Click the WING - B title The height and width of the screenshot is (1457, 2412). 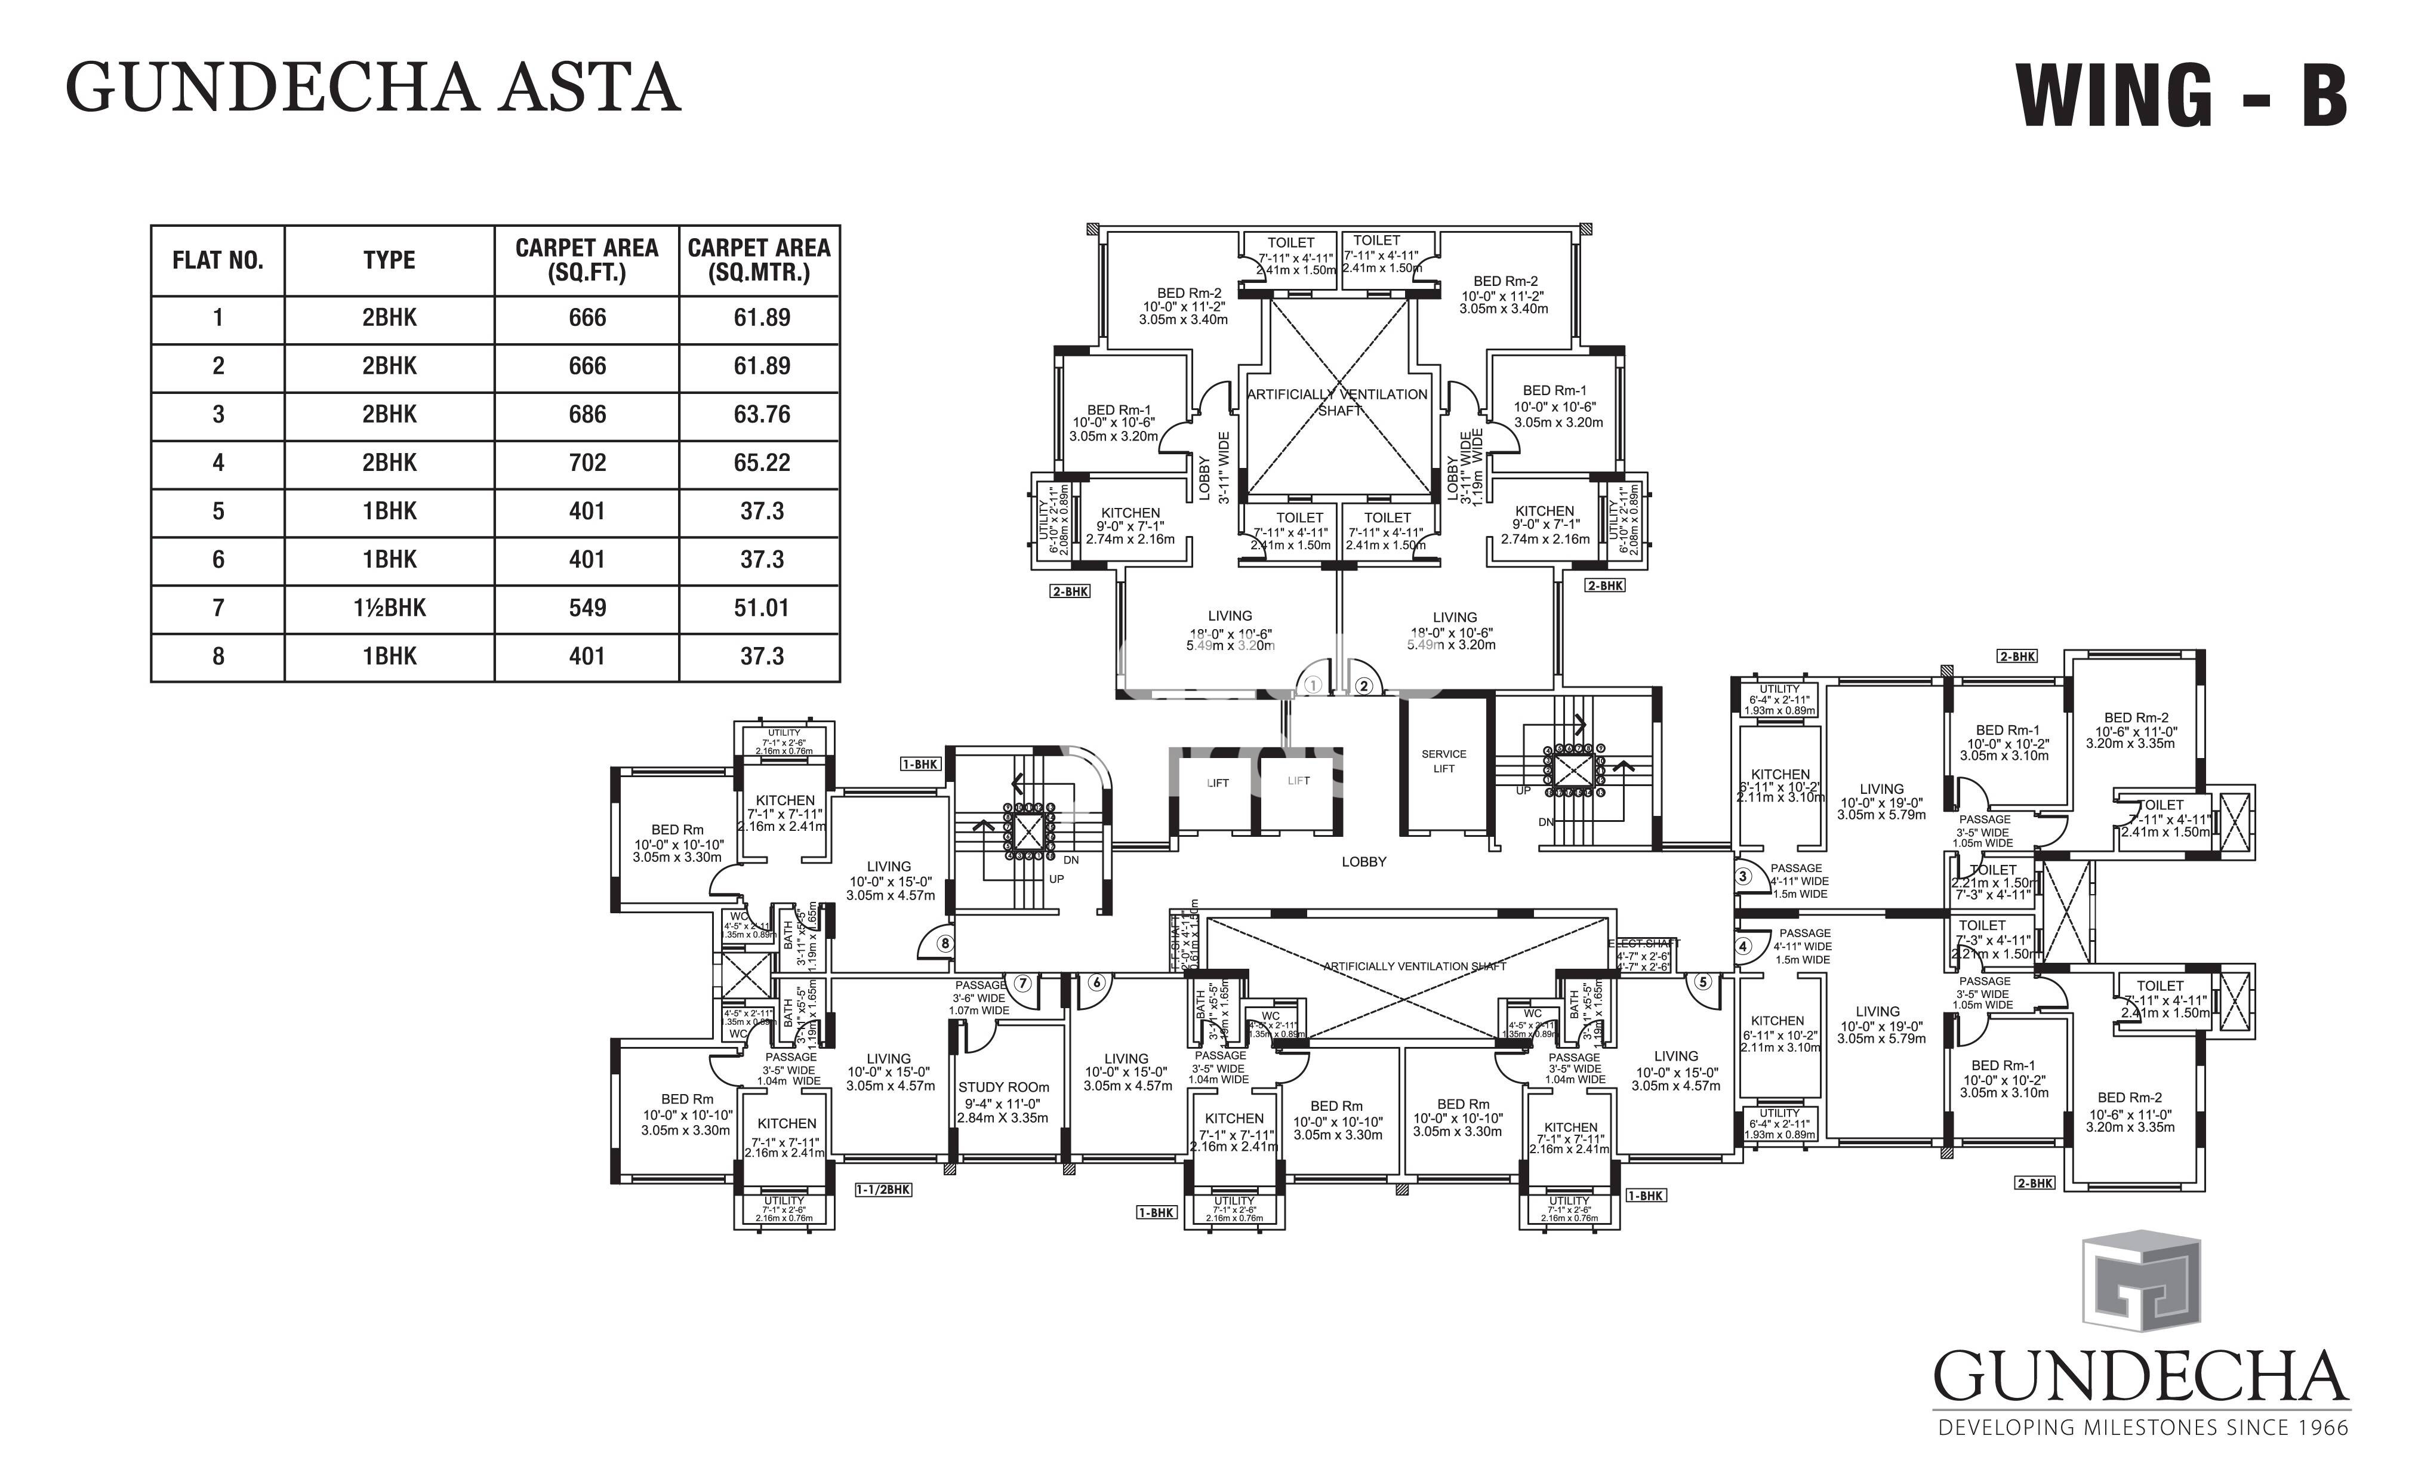tap(2181, 95)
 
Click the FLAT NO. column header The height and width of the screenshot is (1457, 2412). tap(217, 260)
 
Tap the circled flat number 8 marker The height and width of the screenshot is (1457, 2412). tap(945, 944)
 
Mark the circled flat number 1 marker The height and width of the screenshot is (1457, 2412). tap(1314, 686)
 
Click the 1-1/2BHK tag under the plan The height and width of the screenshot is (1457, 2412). tap(883, 1190)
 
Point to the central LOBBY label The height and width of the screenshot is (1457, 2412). tap(1364, 862)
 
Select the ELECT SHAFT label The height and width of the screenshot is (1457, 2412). tap(1644, 944)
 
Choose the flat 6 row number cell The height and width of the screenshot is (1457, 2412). tap(217, 560)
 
